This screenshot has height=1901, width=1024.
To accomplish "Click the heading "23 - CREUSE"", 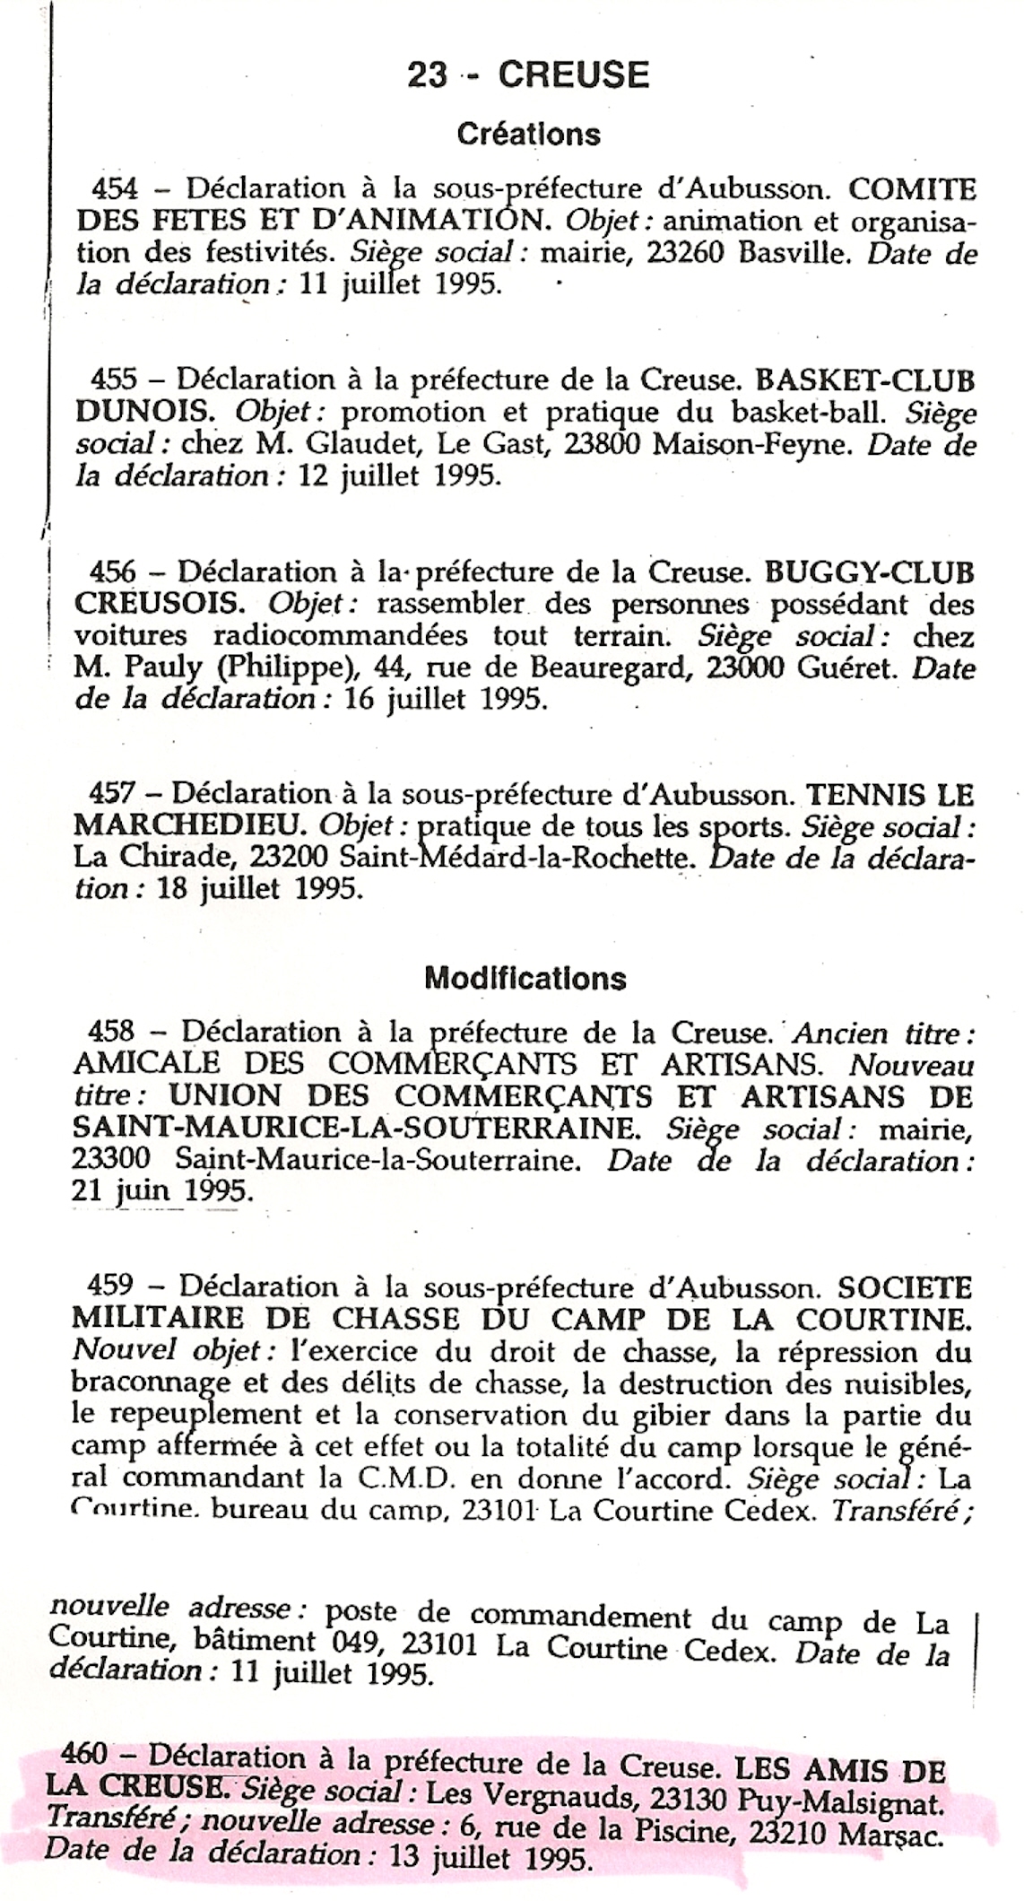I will (x=528, y=75).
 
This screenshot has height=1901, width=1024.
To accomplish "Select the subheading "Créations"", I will (x=528, y=135).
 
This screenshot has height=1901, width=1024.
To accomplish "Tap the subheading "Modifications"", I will (x=525, y=977).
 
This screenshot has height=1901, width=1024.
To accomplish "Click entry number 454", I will (x=116, y=189).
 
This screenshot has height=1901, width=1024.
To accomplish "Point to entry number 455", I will (x=114, y=380).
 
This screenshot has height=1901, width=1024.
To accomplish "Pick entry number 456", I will (x=113, y=571).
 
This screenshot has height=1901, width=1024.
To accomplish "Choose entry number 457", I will (x=112, y=793).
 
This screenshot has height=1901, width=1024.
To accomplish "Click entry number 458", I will (x=112, y=1032).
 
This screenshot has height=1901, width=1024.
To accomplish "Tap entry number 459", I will (x=111, y=1286).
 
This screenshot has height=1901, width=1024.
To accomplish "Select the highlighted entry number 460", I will (x=84, y=1751).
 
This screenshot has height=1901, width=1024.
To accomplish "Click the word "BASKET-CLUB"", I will (x=865, y=380).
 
